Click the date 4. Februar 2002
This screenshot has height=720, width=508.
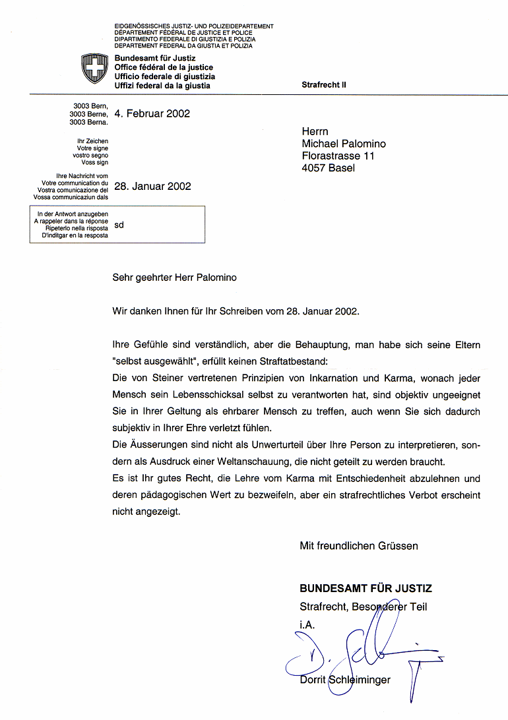pos(152,113)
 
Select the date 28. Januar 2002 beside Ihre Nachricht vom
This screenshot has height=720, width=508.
pos(152,186)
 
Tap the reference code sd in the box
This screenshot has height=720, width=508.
pos(119,225)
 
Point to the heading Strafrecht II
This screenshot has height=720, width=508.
pos(323,85)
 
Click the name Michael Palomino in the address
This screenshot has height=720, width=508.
pos(344,144)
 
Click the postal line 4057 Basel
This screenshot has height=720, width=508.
pos(328,167)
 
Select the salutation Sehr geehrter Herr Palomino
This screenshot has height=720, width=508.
pos(174,278)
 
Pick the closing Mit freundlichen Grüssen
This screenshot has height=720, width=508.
pos(358,546)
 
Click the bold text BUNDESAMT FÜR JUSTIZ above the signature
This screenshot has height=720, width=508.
pos(365,589)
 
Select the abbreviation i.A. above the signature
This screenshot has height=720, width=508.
pos(307,623)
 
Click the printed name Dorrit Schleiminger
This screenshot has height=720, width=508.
pos(344,680)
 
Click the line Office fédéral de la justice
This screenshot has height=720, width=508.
pos(164,67)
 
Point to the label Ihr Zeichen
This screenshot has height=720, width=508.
pos(92,141)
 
